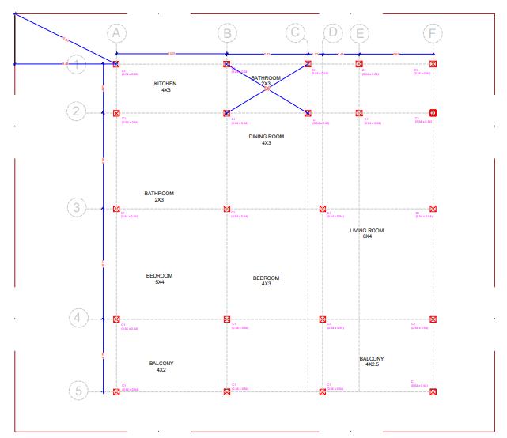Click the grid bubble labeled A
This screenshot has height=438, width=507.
[116, 33]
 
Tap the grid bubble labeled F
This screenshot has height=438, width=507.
[432, 33]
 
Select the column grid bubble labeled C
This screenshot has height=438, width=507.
[295, 33]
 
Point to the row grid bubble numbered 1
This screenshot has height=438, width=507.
[77, 65]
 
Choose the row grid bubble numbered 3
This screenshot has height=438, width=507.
[77, 209]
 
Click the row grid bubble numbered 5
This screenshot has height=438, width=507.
[77, 391]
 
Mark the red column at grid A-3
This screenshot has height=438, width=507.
[116, 209]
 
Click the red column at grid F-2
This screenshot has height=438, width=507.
[433, 113]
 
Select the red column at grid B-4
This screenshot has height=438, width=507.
[227, 319]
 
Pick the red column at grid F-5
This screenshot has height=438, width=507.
[433, 391]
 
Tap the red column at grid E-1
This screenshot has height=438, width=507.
[358, 64]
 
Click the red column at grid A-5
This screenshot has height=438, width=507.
[116, 391]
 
